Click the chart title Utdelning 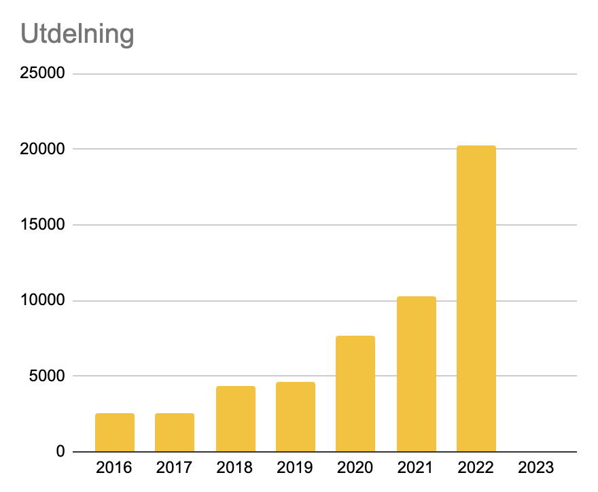pos(77,34)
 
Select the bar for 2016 pos(115,432)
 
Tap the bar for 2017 pos(175,432)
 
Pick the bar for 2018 pos(235,419)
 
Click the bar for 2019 pos(295,417)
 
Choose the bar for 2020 pos(355,393)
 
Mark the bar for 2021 pos(416,374)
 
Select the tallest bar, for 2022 pos(476,299)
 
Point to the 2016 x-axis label pos(115,468)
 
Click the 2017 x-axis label pos(175,468)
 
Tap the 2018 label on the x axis pos(235,468)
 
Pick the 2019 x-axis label pos(295,468)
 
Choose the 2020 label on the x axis pos(355,468)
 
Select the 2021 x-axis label pos(416,468)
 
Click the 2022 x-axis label pos(476,468)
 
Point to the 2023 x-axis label pos(536,468)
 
